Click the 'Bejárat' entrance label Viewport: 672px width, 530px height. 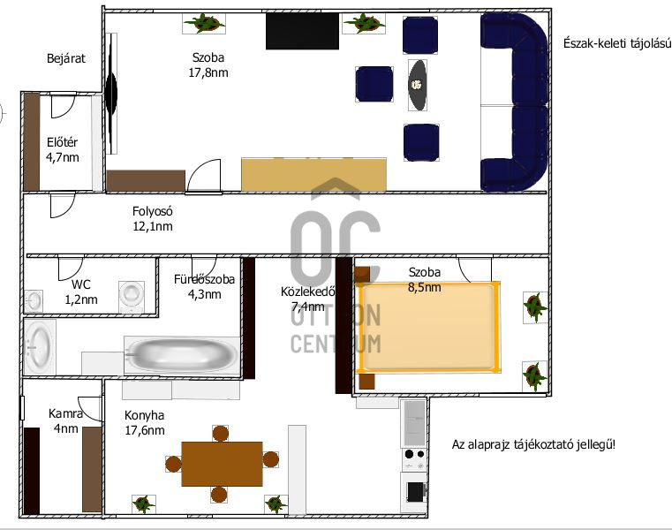[66, 58]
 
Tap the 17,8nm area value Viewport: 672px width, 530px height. [208, 72]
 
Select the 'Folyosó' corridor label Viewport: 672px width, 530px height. [152, 211]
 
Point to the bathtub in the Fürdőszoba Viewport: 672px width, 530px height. [182, 355]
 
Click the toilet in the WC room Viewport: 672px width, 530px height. [132, 296]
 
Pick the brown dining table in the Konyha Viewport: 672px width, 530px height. [222, 464]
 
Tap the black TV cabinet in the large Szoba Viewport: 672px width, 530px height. [302, 31]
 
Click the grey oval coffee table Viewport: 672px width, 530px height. [418, 85]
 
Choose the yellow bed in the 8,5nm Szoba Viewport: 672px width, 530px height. [428, 327]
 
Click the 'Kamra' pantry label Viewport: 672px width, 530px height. [65, 413]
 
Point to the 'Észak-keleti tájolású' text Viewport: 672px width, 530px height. [617, 43]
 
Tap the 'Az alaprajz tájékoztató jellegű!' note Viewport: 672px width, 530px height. [533, 444]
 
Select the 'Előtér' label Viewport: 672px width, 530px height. [62, 142]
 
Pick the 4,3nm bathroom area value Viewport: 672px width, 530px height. [205, 294]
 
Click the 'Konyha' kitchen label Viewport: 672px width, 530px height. [145, 415]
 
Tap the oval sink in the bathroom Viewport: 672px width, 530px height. [40, 347]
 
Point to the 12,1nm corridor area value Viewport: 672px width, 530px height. [153, 226]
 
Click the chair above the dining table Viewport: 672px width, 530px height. [220, 433]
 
